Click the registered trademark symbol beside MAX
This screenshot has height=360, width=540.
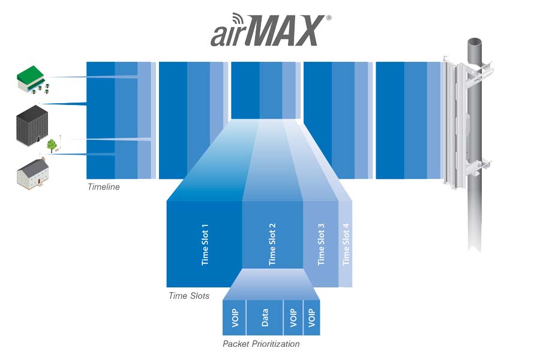coord(329,17)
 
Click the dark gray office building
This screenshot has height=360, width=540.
coord(32,125)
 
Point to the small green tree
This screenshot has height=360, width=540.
coord(52,145)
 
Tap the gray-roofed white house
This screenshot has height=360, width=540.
coord(33,173)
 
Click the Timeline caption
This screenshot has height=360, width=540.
coord(104,187)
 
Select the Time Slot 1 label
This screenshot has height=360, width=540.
coord(205,244)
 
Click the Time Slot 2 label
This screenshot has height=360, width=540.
coord(272,244)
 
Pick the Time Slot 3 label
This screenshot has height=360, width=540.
coord(320,244)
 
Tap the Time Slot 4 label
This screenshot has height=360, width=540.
coord(346,244)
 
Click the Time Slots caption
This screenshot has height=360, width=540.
coord(189,296)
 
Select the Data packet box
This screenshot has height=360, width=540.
coord(265,317)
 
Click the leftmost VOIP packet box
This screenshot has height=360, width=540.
coord(234,317)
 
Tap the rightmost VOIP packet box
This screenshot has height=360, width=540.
coord(311,317)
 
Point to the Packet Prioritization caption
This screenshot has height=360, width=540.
coord(261,344)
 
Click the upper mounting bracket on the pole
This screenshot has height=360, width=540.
coord(478,71)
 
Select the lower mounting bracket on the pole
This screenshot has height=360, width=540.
coord(478,166)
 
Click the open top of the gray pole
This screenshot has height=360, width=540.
coord(474,43)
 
